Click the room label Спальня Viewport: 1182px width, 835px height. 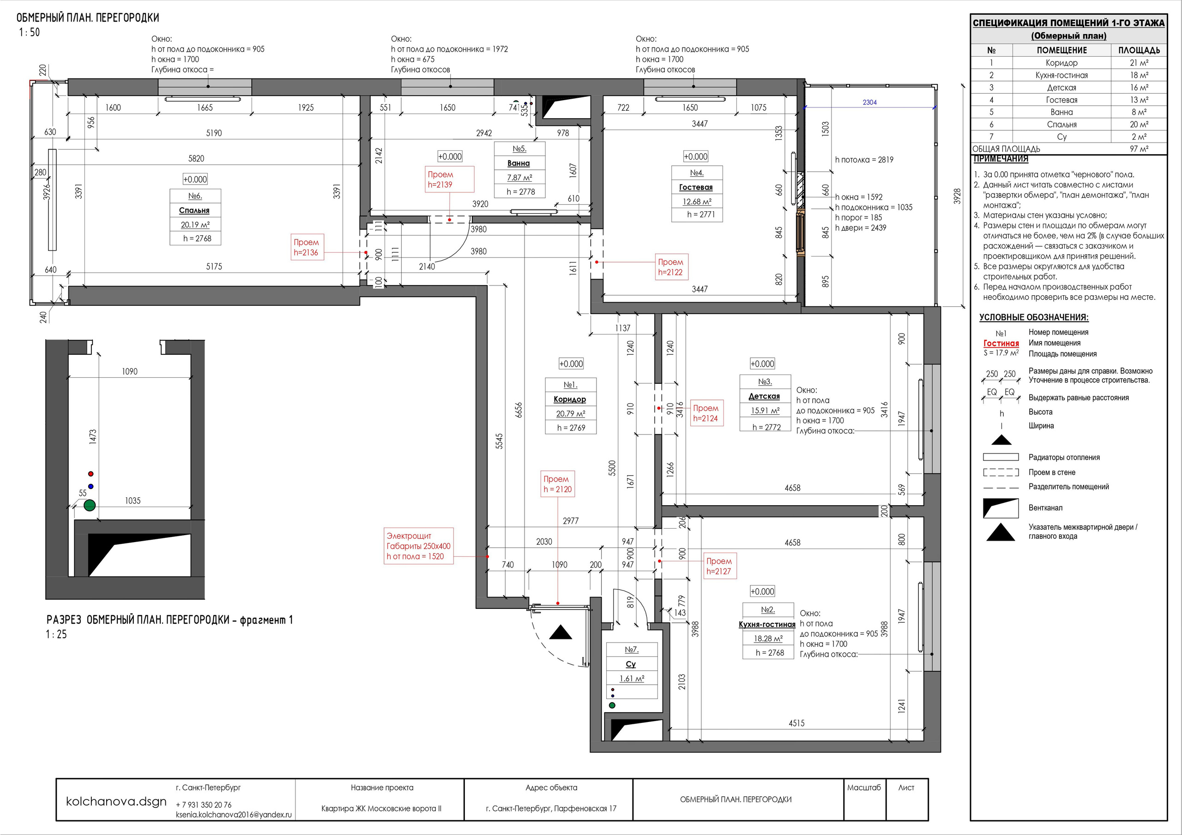[x=194, y=210]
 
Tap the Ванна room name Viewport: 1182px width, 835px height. [x=519, y=163]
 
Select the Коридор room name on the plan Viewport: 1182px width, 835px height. [x=569, y=399]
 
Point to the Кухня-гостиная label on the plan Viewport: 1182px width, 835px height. [x=767, y=624]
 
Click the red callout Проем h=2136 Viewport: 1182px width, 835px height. [x=306, y=247]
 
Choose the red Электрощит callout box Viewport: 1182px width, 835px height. [x=418, y=546]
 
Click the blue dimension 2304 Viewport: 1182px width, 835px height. [x=869, y=102]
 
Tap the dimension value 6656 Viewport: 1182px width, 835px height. [x=519, y=410]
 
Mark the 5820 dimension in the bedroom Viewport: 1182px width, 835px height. [x=196, y=158]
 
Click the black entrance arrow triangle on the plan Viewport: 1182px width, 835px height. [x=561, y=633]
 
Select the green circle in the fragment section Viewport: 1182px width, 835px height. [x=90, y=505]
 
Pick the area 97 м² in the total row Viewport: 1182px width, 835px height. [x=1139, y=149]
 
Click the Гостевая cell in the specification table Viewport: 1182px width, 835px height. [x=1061, y=100]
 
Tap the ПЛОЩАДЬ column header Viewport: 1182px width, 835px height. [x=1139, y=50]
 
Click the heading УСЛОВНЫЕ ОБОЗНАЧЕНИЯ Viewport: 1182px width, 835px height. [x=1034, y=317]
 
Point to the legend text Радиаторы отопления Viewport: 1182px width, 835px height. [x=1064, y=457]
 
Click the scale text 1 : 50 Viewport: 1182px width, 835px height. [x=30, y=32]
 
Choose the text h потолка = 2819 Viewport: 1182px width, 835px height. [x=864, y=160]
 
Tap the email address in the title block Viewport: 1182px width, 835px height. [x=234, y=814]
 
